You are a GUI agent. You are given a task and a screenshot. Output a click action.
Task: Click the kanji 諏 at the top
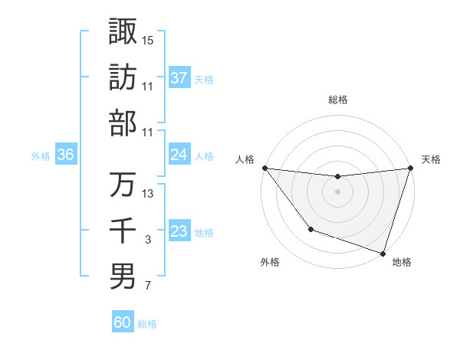click(123, 31)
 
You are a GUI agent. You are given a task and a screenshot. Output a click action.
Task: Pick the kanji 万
click(123, 185)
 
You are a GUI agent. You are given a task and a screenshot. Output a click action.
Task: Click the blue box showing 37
click(179, 77)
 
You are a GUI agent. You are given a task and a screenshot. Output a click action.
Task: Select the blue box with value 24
click(179, 155)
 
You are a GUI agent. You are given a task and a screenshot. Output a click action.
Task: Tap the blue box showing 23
click(179, 231)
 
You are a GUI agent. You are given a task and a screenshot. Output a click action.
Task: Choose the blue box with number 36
click(65, 155)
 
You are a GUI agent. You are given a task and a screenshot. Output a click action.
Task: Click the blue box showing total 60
click(123, 322)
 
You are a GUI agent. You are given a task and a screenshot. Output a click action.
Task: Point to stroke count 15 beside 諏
click(148, 39)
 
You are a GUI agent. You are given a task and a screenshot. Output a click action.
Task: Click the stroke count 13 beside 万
click(148, 193)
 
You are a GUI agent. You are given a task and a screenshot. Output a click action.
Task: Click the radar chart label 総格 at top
click(337, 100)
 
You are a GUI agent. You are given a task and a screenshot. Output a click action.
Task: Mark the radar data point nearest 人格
click(264, 168)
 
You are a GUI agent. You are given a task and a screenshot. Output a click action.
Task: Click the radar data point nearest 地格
click(382, 253)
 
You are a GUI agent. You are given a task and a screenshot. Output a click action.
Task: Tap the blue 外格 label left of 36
click(41, 156)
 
